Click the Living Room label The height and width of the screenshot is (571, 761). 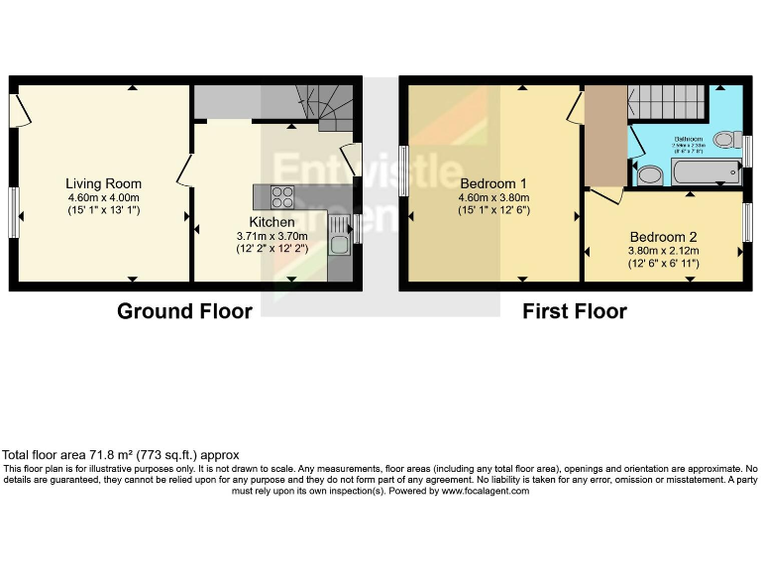pos(103,183)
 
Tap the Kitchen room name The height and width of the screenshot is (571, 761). pos(272,221)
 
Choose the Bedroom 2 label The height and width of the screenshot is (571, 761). pos(663,237)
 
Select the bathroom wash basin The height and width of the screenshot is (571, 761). pos(649,175)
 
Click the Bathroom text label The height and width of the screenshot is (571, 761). pos(689,139)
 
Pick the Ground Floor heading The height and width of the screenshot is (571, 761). pos(184,311)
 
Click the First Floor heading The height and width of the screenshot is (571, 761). pos(575,311)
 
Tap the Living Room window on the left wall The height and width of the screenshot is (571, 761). pos(14,212)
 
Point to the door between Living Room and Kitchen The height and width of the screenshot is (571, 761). pos(185,171)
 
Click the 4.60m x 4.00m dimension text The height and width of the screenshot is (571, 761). pos(103,197)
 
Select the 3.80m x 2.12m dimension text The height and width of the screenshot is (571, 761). pos(663,251)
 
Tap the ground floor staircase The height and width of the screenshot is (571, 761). pos(325,104)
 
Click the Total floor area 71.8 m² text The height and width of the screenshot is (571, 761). pos(121,455)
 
